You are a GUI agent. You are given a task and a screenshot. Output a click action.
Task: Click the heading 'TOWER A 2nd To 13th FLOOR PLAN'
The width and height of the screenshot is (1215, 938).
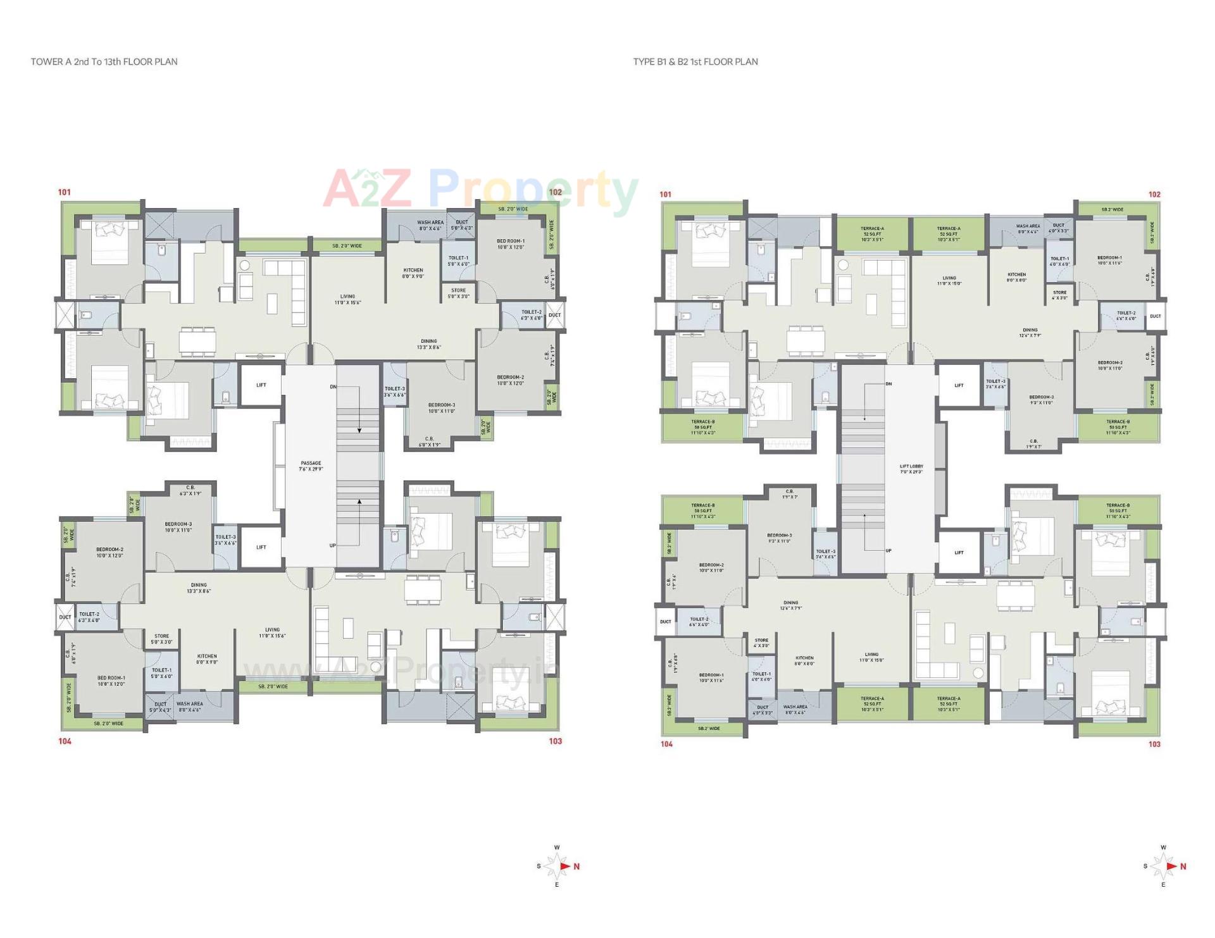[x=104, y=62]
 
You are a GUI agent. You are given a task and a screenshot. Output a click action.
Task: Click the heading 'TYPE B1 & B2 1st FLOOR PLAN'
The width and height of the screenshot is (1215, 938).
[x=695, y=62]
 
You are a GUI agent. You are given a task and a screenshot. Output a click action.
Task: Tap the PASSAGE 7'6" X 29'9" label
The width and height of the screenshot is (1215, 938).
[x=311, y=466]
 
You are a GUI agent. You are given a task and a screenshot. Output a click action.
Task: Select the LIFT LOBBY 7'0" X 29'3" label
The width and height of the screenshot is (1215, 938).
[x=911, y=469]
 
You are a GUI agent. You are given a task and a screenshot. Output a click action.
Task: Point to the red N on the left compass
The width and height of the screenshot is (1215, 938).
[x=576, y=867]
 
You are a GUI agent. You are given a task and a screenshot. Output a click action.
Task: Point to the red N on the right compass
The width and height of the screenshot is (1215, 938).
[x=1183, y=867]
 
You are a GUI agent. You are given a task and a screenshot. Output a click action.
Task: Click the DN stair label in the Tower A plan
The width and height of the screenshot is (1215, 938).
[x=333, y=386]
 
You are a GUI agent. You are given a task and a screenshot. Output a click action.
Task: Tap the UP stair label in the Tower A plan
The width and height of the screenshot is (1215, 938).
[x=333, y=545]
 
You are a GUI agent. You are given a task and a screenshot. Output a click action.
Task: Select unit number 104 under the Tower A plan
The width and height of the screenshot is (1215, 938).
[x=65, y=741]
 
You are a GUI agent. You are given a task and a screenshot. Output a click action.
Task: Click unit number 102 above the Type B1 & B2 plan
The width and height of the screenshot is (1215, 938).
[x=1154, y=195]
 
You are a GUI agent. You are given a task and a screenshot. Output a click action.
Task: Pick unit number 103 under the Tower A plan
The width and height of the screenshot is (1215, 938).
[x=555, y=741]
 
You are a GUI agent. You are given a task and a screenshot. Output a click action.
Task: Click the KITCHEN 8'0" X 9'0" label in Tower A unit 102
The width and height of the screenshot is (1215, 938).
[x=413, y=273]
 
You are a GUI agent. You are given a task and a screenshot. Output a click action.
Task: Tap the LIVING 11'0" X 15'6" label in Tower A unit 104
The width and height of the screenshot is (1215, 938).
[x=272, y=633]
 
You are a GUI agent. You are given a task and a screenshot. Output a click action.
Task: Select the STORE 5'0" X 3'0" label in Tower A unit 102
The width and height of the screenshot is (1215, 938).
[x=459, y=293]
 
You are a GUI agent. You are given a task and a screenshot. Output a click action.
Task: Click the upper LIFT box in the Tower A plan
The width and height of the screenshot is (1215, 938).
[x=261, y=385]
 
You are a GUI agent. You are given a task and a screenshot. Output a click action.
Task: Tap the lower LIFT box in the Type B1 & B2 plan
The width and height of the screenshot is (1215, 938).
[x=959, y=553]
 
